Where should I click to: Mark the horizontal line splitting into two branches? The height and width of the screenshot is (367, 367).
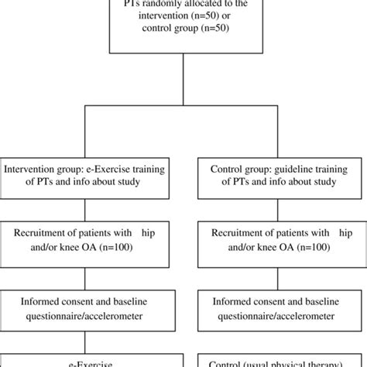pyautogui.click(x=183, y=107)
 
